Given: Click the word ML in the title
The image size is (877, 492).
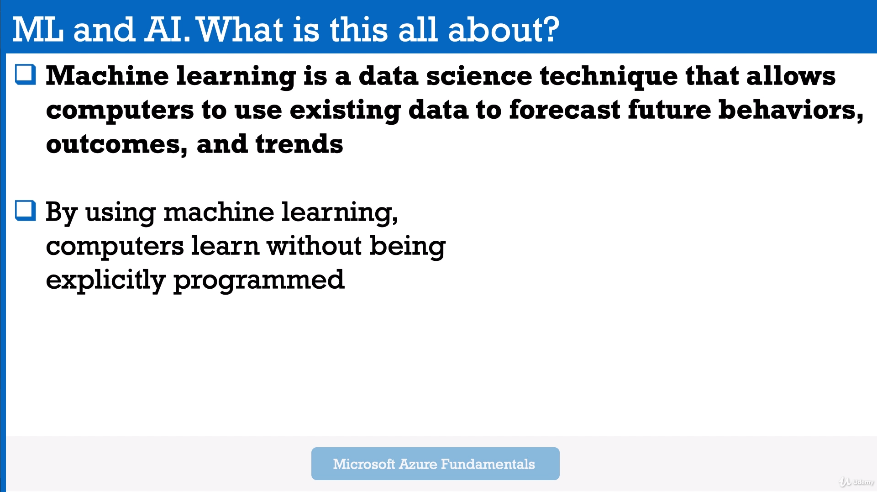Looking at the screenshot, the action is [38, 30].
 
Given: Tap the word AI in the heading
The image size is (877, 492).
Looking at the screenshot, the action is [167, 30].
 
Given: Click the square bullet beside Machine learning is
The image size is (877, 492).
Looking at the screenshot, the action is [26, 74].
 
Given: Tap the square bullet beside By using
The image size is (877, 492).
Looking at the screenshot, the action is [26, 211].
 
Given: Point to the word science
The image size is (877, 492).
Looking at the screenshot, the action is [479, 76].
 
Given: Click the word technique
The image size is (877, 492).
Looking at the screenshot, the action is [609, 77].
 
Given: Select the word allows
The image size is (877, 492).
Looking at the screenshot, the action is [791, 76].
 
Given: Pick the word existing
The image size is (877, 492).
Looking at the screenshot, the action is [345, 111].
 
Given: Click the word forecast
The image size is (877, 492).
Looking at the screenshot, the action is [565, 110].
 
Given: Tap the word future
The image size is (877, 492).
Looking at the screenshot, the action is [669, 110].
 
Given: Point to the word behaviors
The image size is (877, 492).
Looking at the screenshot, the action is [791, 110].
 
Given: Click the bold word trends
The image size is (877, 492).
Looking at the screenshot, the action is [299, 144].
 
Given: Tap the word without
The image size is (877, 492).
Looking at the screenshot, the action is [315, 246].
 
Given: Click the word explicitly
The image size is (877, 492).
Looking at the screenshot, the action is [106, 280].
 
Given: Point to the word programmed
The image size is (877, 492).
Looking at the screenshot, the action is [259, 280].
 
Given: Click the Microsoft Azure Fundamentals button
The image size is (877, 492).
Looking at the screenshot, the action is [435, 464].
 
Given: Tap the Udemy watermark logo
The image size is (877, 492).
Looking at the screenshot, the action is [856, 482].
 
